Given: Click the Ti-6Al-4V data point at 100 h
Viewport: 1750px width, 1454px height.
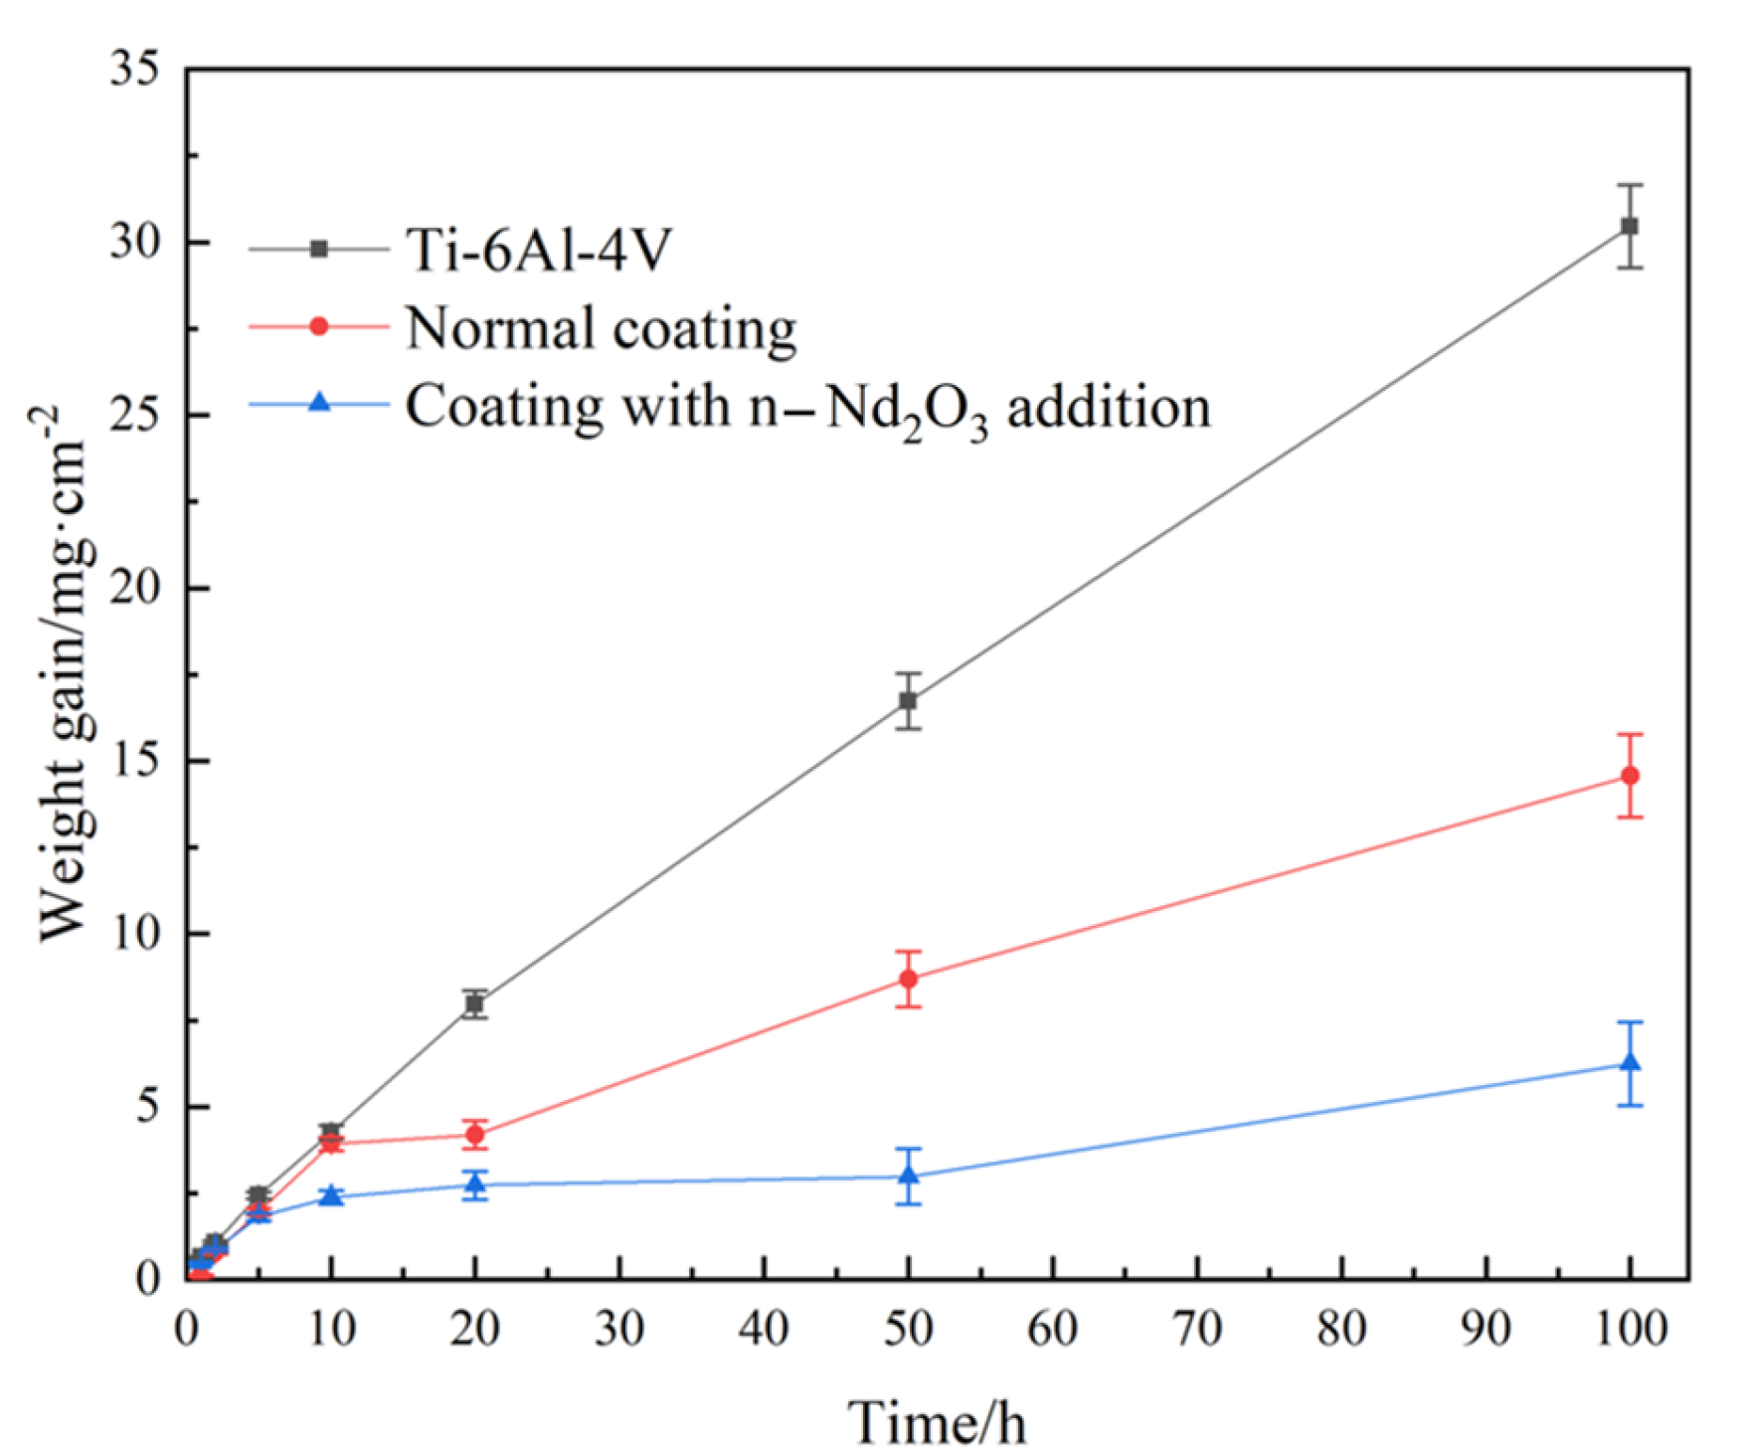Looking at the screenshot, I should (1629, 227).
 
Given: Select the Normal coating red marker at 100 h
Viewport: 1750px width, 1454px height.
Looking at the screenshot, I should (1629, 776).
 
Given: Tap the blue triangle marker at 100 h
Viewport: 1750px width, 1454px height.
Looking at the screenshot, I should (1629, 1063).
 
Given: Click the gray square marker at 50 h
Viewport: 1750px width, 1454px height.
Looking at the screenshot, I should (908, 701).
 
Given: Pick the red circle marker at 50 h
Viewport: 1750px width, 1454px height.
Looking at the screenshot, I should (908, 979).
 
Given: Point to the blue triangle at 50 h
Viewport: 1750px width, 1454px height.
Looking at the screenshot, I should (908, 1176).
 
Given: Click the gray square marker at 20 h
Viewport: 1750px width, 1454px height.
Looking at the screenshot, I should (475, 1004).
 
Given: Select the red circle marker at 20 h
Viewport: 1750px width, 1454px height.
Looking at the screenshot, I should (475, 1134).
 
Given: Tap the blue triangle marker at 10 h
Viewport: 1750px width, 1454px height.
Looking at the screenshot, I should (331, 1195).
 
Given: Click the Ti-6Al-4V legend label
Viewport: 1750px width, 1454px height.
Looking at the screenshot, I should (538, 250).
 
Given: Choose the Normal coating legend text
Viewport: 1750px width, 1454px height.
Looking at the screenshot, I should (601, 328).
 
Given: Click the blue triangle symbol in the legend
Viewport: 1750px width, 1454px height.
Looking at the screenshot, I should (319, 403).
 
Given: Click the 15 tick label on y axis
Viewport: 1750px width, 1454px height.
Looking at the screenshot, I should (136, 762).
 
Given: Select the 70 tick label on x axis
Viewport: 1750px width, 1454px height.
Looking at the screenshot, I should (1197, 1329).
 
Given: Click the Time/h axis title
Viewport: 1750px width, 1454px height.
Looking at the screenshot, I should (936, 1422).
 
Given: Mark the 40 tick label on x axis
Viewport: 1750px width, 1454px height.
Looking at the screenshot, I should (764, 1329).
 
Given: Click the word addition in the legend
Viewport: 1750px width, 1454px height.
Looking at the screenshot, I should (1109, 408).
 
